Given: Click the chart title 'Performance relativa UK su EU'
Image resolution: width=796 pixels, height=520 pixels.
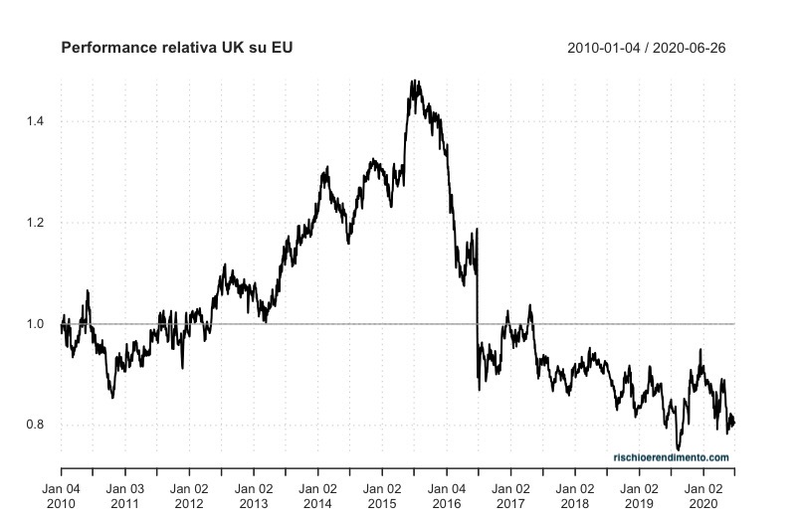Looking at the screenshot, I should (177, 48).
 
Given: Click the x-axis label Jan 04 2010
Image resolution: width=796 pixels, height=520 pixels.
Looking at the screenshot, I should (62, 496).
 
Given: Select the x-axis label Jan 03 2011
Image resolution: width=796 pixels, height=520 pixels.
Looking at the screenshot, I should (125, 496).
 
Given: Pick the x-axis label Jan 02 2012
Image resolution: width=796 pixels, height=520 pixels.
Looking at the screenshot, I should (189, 496).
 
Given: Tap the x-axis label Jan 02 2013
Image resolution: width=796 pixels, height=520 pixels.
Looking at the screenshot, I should (253, 496).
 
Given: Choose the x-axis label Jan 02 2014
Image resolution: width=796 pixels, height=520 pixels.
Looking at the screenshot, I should (317, 496).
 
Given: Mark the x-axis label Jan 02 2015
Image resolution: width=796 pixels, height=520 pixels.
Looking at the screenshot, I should (381, 496).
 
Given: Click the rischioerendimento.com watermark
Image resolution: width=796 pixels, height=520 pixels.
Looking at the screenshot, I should (671, 457).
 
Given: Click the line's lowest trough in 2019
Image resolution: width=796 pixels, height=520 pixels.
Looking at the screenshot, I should (679, 449).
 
